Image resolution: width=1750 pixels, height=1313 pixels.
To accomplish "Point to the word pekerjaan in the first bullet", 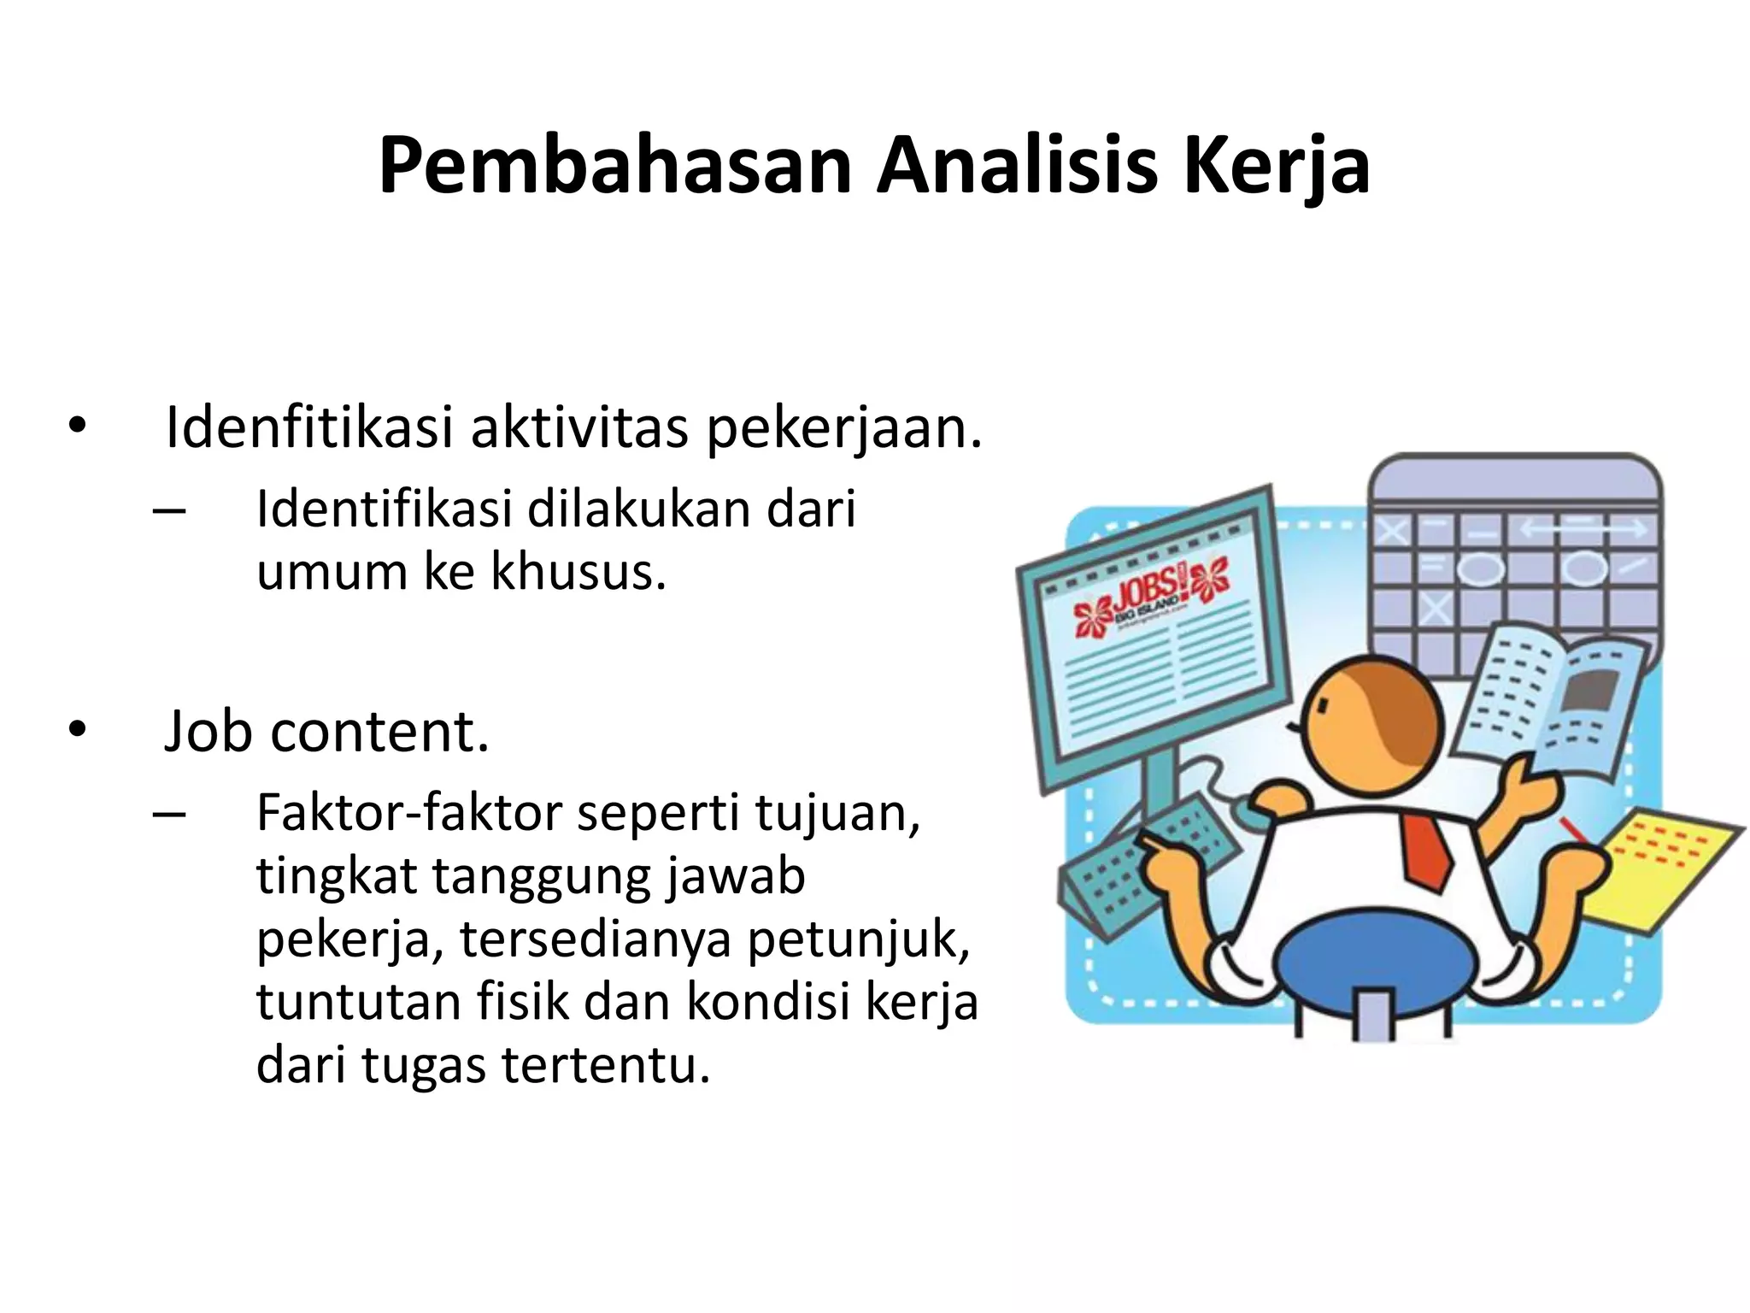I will pyautogui.click(x=842, y=429).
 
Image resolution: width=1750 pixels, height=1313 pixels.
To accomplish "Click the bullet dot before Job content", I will pyautogui.click(x=78, y=731).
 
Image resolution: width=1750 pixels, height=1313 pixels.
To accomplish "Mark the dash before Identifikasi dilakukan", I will pyautogui.click(x=169, y=511).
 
